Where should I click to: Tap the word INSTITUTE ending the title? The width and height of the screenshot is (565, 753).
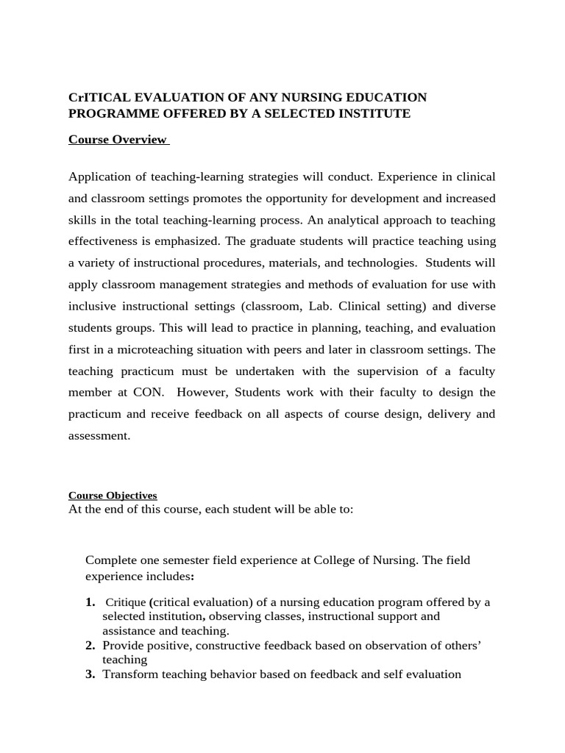click(370, 113)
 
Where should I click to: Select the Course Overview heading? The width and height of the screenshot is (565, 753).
click(118, 140)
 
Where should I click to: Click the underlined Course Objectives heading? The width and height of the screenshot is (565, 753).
click(113, 496)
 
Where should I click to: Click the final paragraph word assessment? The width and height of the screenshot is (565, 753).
click(99, 435)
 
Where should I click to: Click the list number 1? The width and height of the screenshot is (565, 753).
click(90, 602)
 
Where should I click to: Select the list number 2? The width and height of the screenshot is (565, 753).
click(90, 645)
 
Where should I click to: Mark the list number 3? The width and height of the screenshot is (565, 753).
click(90, 674)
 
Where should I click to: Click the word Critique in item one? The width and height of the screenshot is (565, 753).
click(127, 602)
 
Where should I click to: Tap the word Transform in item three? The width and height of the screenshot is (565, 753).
click(127, 674)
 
